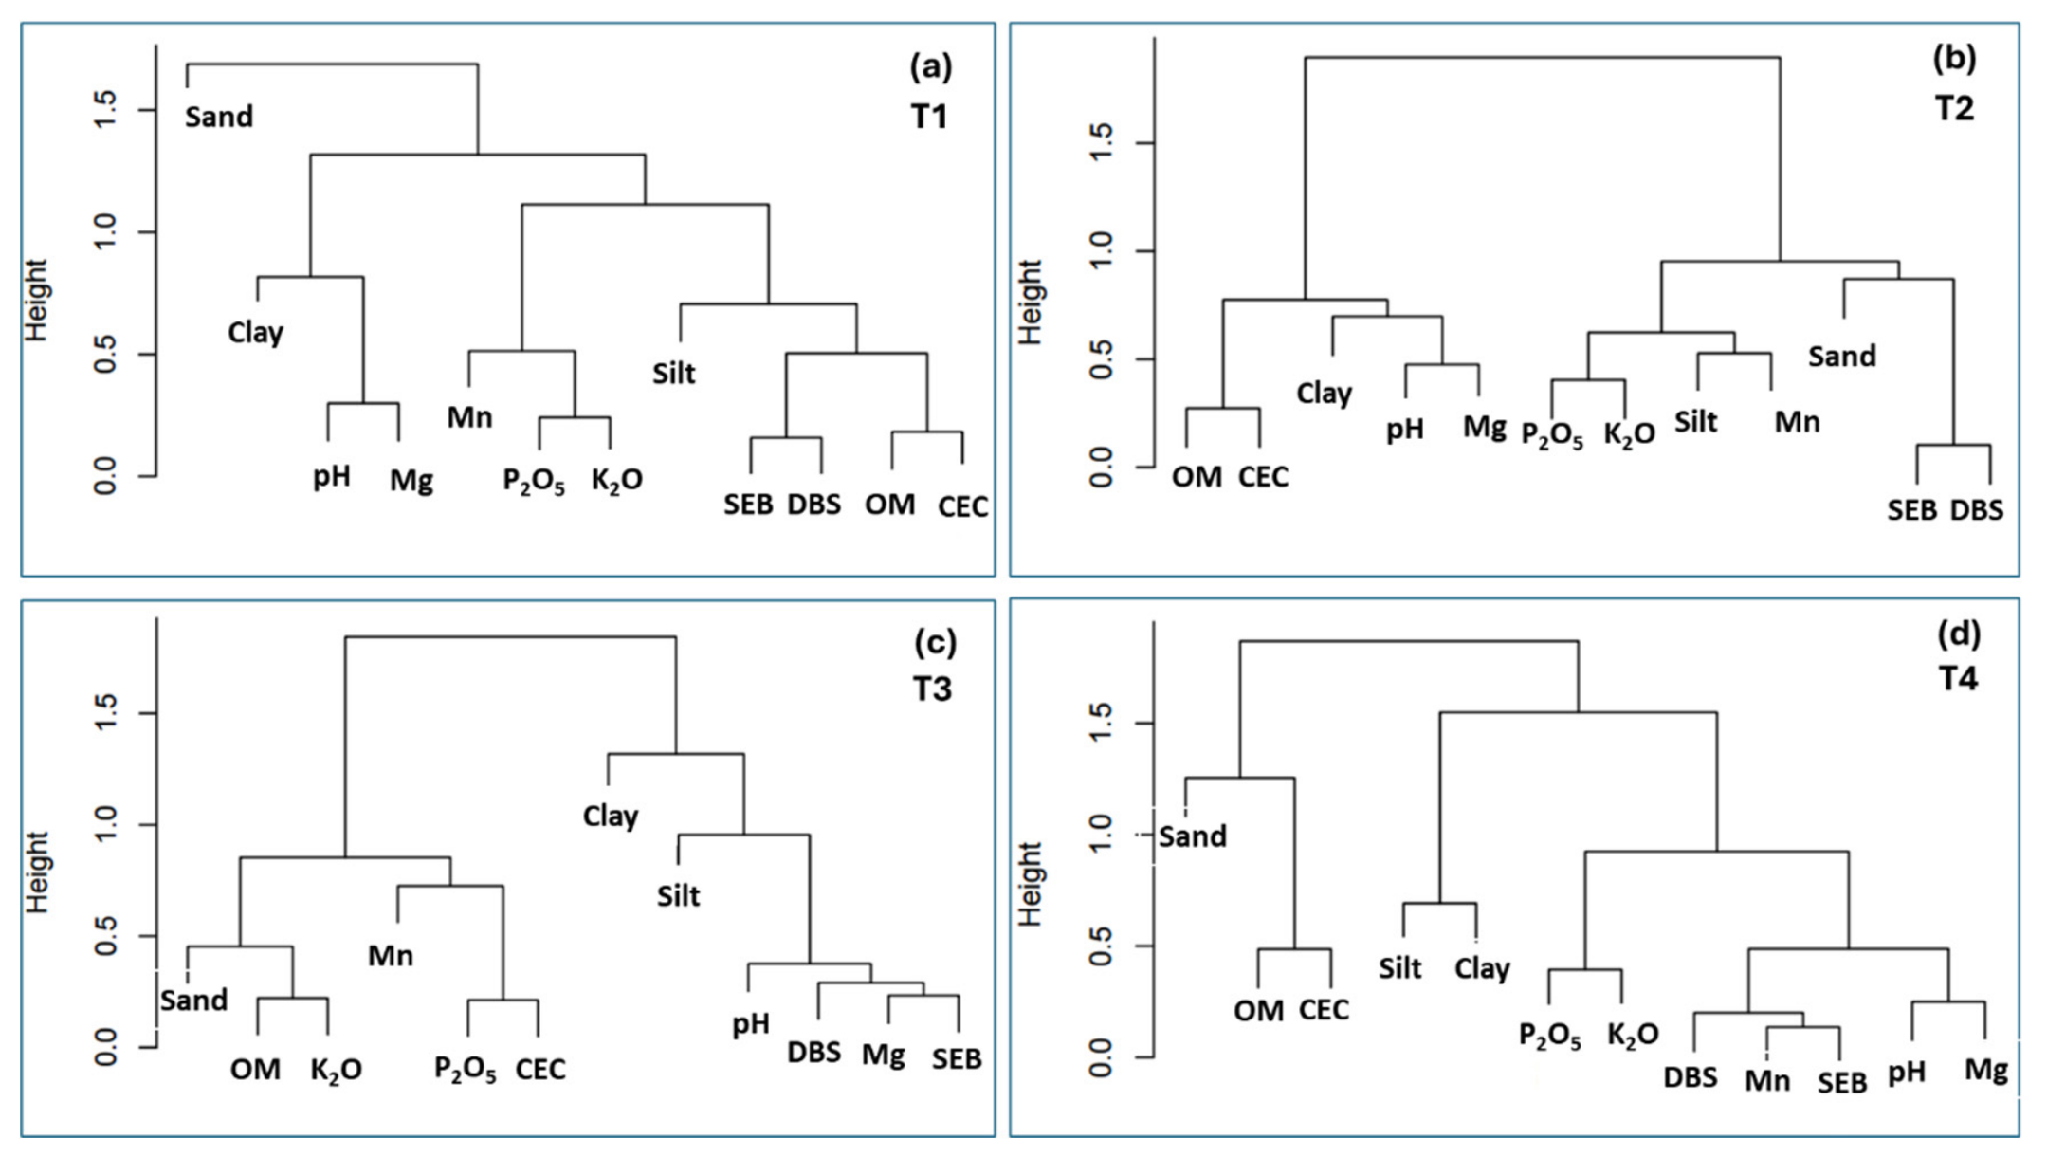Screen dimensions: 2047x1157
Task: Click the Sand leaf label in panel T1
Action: click(219, 117)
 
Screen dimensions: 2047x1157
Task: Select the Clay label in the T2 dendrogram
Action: click(1325, 394)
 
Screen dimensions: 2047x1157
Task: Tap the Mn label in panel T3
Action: click(391, 955)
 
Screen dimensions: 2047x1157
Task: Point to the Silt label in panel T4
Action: click(1400, 968)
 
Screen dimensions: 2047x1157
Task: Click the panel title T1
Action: click(929, 117)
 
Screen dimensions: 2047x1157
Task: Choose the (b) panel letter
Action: click(1954, 59)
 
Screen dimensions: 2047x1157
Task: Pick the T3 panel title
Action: click(931, 689)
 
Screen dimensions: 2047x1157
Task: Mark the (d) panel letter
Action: click(1958, 634)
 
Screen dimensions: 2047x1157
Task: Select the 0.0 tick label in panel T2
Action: click(1101, 468)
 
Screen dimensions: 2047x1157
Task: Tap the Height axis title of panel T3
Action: click(37, 872)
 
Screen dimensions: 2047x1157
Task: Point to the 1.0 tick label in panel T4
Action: click(1101, 835)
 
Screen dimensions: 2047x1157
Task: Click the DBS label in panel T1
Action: click(813, 505)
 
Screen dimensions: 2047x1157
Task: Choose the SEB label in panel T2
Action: click(1911, 510)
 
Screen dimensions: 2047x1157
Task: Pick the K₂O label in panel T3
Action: click(337, 1071)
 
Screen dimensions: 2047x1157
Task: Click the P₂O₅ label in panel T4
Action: click(1550, 1036)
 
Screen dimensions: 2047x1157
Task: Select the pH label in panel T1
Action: click(332, 476)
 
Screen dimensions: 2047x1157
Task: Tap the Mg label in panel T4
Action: click(1985, 1070)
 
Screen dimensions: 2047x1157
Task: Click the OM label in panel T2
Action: click(1197, 477)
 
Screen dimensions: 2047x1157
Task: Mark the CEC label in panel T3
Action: click(540, 1069)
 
